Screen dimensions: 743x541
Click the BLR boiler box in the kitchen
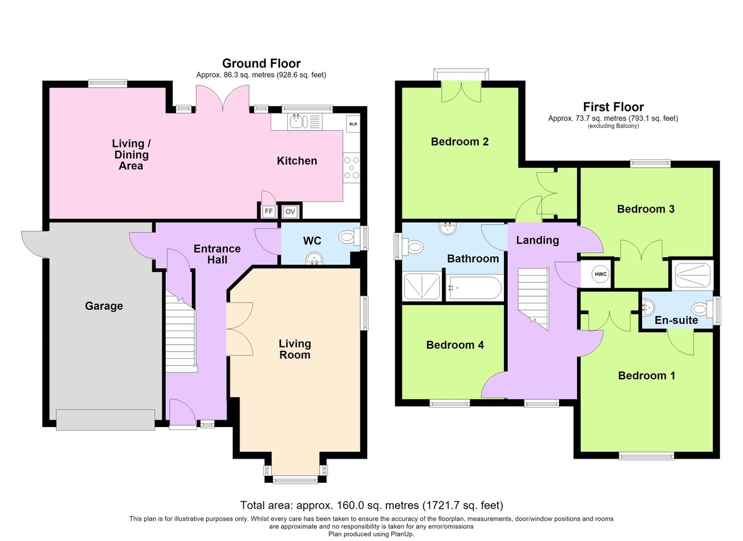pos(353,124)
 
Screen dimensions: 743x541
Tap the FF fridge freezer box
pos(269,211)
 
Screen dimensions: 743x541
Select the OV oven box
pos(290,212)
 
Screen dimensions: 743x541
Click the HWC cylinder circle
pos(601,274)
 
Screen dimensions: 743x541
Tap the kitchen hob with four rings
pos(352,167)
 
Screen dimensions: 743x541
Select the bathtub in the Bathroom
pos(474,288)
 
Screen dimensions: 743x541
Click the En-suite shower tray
pos(693,276)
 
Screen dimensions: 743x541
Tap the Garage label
pos(104,306)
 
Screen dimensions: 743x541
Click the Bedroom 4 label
pos(455,345)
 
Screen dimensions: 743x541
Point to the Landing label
pos(537,240)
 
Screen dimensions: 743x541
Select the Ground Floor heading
pos(261,63)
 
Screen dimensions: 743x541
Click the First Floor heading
pos(614,107)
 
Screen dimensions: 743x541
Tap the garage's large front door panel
pos(105,420)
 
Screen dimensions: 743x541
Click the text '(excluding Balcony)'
pos(614,126)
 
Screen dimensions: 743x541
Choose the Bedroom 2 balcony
pos(461,74)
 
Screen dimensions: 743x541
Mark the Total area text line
pos(371,505)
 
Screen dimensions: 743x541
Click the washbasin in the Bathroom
pos(448,228)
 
